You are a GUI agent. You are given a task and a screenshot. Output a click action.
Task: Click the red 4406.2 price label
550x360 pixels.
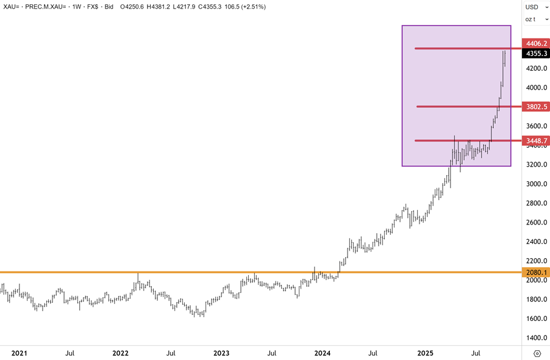click(x=537, y=44)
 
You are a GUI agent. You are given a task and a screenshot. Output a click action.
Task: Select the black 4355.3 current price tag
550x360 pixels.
click(x=537, y=53)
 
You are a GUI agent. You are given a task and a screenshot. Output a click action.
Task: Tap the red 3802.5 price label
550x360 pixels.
click(x=537, y=107)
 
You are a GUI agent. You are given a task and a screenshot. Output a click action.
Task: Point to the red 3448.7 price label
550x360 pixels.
click(x=537, y=141)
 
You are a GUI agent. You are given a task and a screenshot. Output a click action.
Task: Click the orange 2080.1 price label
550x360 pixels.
click(x=537, y=272)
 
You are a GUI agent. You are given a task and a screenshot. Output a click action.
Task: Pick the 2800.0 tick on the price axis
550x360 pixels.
click(x=537, y=203)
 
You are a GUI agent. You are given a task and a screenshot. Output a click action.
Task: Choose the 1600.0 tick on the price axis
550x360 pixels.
click(x=537, y=319)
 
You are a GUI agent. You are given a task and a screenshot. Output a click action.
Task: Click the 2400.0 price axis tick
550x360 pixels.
click(x=537, y=242)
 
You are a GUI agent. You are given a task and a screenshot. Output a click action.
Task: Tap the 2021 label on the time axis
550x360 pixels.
click(x=20, y=353)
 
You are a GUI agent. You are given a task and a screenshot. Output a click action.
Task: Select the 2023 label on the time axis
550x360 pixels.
click(x=221, y=353)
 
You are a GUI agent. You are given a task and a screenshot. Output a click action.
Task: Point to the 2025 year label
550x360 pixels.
click(x=425, y=353)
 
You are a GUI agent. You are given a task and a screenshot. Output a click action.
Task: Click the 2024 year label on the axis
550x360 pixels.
click(x=322, y=353)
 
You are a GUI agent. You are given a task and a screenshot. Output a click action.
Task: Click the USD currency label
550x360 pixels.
click(x=532, y=7)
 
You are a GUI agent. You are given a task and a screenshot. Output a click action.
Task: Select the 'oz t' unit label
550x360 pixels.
click(x=532, y=20)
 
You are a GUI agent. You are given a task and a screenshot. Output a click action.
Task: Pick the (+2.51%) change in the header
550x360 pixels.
click(x=250, y=7)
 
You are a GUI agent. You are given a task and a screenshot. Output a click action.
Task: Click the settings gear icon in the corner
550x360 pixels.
click(x=537, y=353)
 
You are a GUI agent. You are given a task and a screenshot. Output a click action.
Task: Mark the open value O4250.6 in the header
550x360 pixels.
click(x=108, y=7)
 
